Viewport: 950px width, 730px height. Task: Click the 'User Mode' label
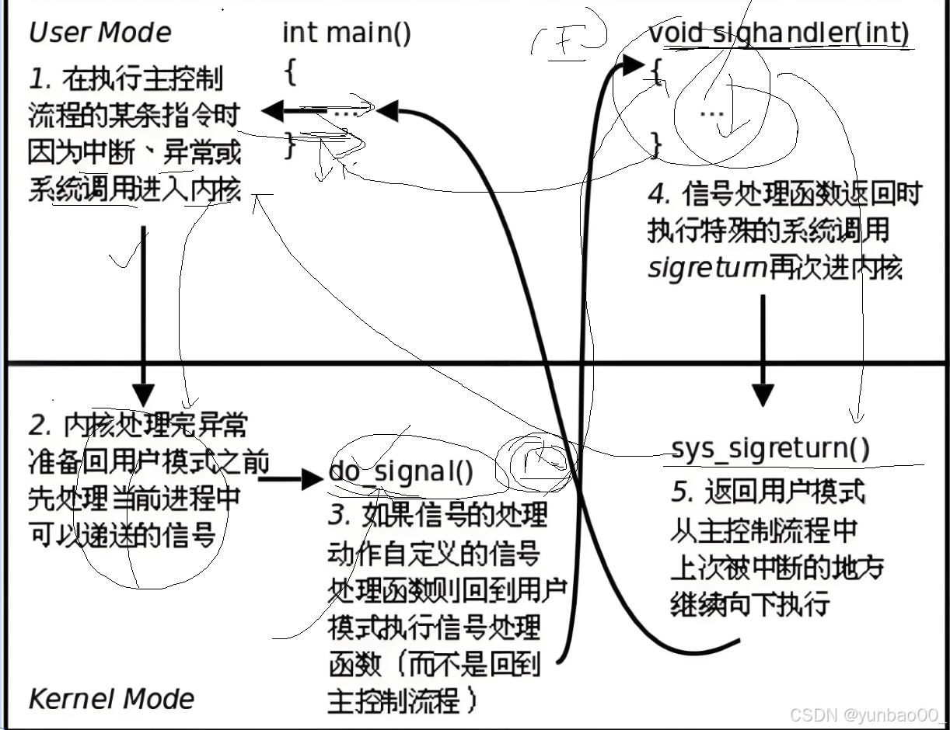point(100,33)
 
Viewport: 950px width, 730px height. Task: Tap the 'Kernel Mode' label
point(111,698)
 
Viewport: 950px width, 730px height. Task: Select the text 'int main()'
point(346,33)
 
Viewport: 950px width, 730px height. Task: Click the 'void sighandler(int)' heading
point(778,33)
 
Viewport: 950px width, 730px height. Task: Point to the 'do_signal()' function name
point(400,472)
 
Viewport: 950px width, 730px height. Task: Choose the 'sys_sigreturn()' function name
point(770,448)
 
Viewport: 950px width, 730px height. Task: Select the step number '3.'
point(339,514)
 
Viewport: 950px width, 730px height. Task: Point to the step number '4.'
point(658,192)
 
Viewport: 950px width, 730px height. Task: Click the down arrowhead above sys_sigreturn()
point(763,394)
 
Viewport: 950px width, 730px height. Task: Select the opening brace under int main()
point(290,72)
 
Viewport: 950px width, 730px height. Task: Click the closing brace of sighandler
point(655,144)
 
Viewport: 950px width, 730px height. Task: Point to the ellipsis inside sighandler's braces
point(711,113)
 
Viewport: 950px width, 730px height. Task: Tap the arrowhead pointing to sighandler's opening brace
point(634,67)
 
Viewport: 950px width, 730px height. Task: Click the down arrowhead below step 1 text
point(143,395)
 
